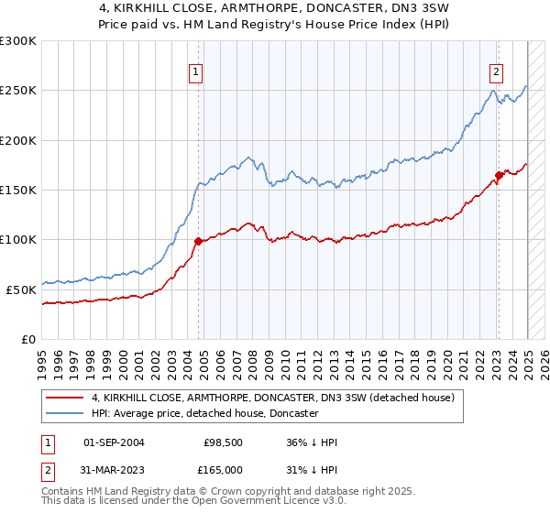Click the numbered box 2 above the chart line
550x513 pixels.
pyautogui.click(x=495, y=74)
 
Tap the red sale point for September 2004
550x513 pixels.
pyautogui.click(x=198, y=241)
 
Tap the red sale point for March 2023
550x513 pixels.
pyautogui.click(x=499, y=175)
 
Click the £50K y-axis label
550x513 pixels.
pyautogui.click(x=22, y=289)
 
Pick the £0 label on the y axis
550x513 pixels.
pyautogui.click(x=29, y=338)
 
